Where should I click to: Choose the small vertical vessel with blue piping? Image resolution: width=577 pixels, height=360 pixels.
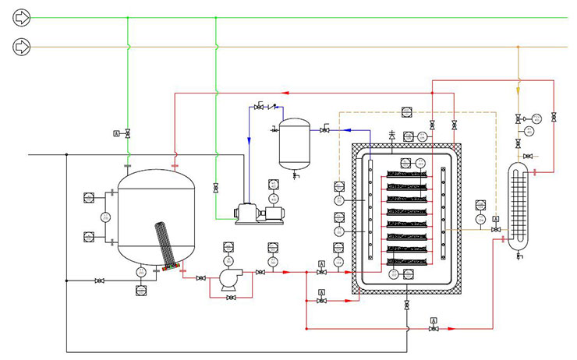coord(296,142)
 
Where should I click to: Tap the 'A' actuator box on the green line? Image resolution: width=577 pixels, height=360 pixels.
coord(117,134)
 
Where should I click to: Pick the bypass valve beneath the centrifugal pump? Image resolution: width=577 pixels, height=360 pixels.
coord(230,298)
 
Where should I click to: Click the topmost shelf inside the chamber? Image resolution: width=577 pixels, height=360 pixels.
coord(409,174)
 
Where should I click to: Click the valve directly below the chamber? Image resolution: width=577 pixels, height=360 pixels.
coord(406,305)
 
